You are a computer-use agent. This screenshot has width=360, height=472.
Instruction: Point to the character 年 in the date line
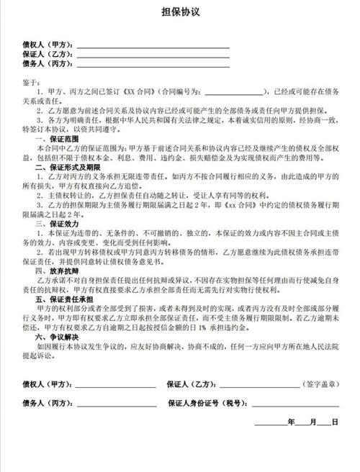(x=291, y=422)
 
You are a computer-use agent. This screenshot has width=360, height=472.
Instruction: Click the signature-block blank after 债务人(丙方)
(x=115, y=405)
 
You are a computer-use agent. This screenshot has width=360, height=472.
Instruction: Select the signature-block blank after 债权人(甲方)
(x=115, y=385)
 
